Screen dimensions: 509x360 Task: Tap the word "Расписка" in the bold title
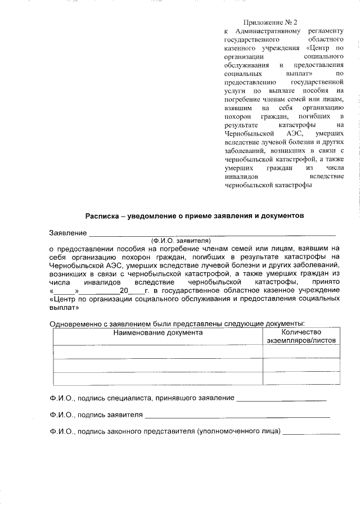[x=101, y=215]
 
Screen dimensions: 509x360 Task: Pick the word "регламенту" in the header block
[x=324, y=32]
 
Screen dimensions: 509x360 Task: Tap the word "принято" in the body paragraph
[x=326, y=281]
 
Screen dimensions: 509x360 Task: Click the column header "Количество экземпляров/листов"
[x=301, y=336]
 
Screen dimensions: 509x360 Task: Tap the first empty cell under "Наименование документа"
[x=157, y=351]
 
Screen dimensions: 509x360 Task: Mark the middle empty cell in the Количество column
[x=301, y=366]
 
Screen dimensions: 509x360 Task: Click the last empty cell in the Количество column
[x=301, y=379]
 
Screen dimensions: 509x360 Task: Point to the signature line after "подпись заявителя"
[x=237, y=416]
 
